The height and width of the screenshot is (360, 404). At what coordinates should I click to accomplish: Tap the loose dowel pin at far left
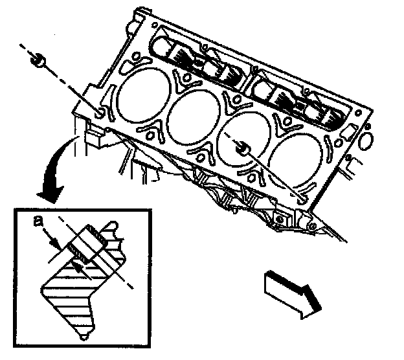click(x=39, y=62)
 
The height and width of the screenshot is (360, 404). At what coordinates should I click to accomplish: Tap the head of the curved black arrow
click(x=49, y=190)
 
